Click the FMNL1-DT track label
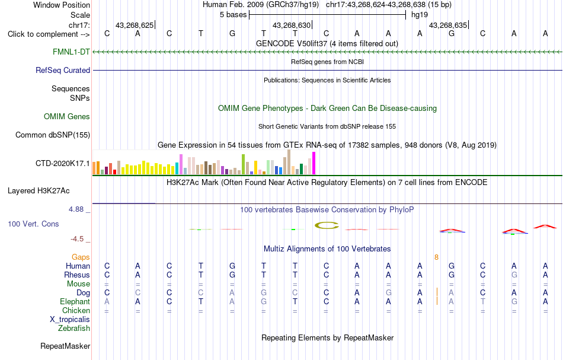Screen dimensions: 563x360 point(71,52)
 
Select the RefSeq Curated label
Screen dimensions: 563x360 point(63,70)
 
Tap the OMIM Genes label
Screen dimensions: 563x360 point(67,116)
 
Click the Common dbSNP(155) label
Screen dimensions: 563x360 point(53,135)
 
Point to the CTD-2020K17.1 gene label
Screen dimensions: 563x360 point(63,164)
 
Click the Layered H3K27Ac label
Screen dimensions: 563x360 point(39,191)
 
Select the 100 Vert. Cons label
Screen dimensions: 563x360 point(33,224)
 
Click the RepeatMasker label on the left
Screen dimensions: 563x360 point(65,346)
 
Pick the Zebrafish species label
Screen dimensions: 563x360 point(74,328)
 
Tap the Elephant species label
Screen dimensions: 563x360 point(75,301)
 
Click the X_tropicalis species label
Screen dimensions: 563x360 point(70,320)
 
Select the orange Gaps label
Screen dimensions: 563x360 point(81,257)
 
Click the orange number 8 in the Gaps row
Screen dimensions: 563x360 point(436,257)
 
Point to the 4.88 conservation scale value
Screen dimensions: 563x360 point(76,209)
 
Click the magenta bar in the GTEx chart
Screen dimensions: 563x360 point(314,163)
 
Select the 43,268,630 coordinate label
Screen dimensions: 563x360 point(292,25)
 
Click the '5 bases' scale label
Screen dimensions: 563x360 point(233,15)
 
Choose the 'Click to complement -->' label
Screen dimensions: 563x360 point(49,34)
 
